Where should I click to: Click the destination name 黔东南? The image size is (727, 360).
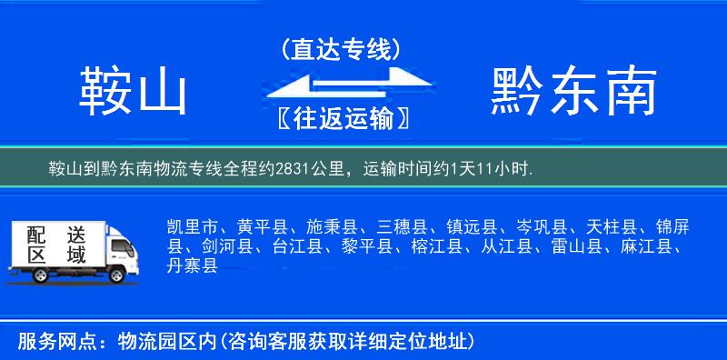coord(573,92)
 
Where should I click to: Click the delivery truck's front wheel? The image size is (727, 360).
coord(115,275)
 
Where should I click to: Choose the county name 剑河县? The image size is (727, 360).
coord(227,245)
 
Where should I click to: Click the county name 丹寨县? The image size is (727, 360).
coord(193,265)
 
